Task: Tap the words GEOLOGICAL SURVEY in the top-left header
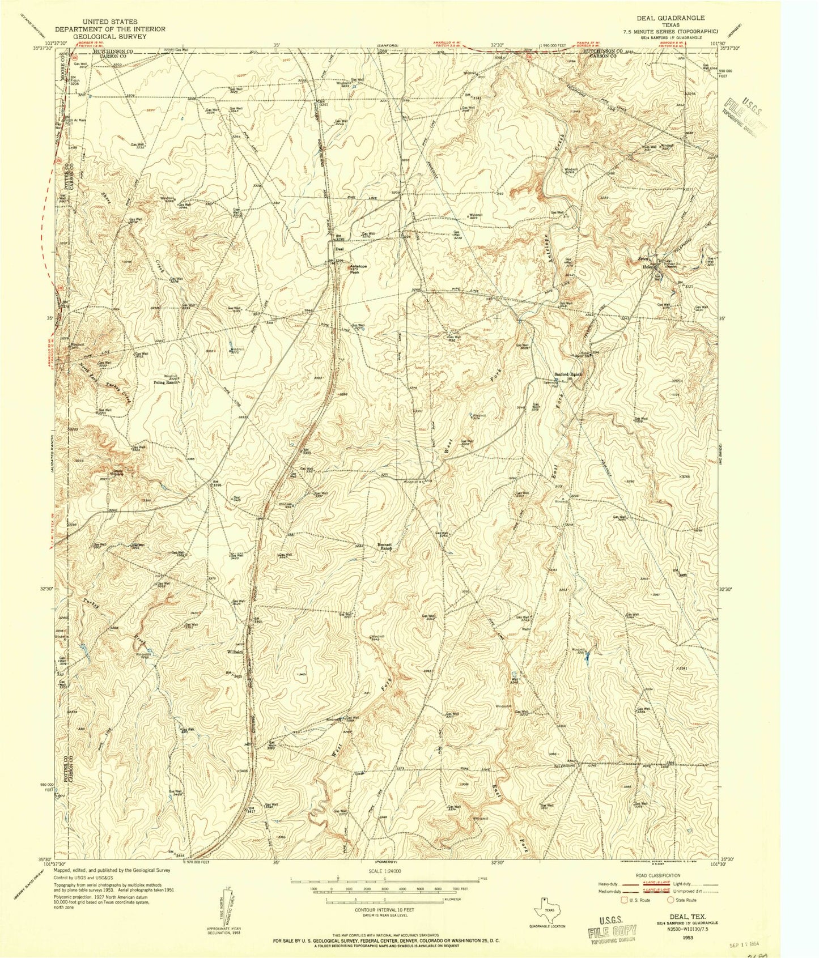coord(110,36)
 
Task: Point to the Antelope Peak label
coord(358,268)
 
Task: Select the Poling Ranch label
coord(166,382)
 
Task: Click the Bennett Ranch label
coord(385,547)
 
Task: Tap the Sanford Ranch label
coord(568,374)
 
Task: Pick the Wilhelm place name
coord(235,652)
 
